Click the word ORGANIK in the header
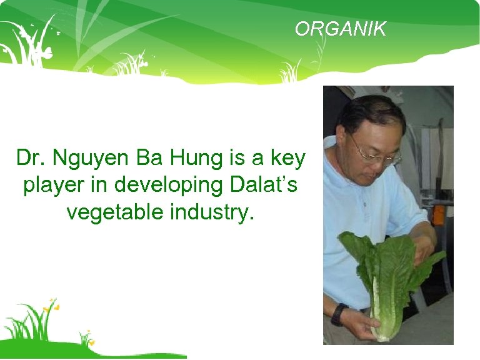tap(341, 29)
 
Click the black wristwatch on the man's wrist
tap(338, 314)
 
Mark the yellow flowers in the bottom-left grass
tap(51, 306)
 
